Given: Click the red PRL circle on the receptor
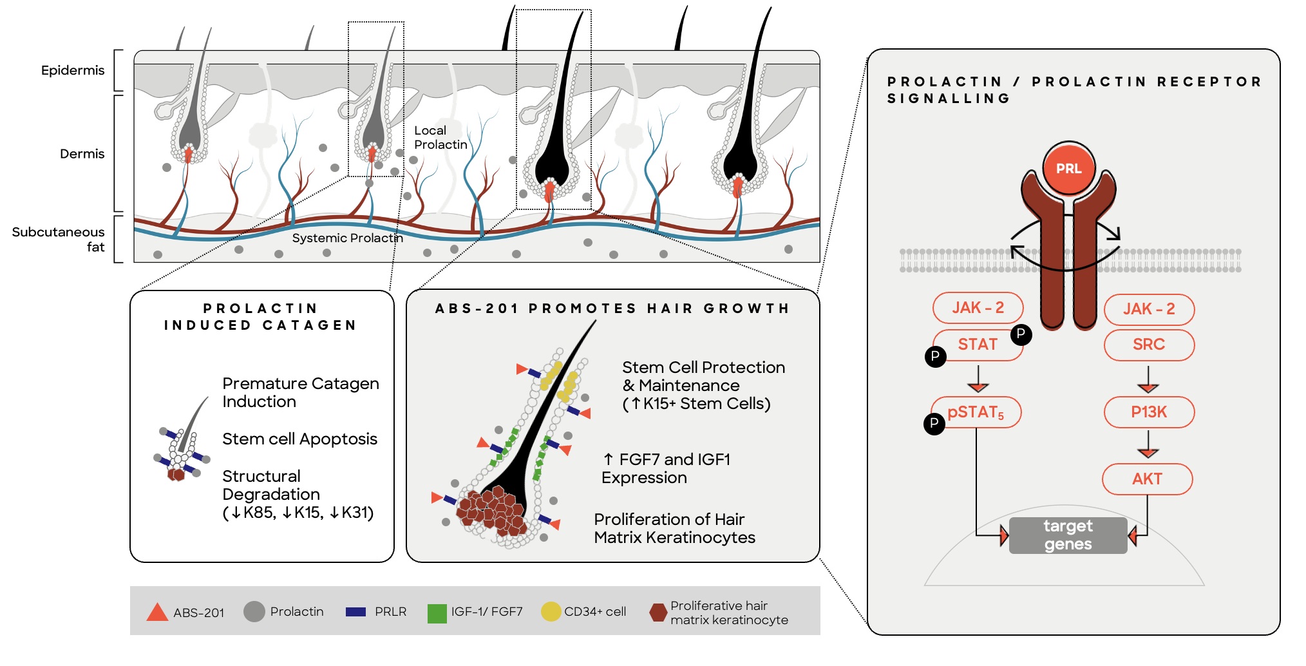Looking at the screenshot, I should click(1068, 169).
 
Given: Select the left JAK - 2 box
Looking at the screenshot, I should click(978, 308).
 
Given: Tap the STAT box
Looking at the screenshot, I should click(978, 345).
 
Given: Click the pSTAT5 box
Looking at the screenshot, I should click(976, 412).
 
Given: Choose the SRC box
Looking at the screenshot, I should click(1149, 345).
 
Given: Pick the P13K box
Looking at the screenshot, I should click(1149, 412).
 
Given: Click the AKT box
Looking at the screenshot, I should click(1147, 479).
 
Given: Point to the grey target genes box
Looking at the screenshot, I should click(1068, 535).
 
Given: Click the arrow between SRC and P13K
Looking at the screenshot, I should click(1148, 379).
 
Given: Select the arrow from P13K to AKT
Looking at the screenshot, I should click(1148, 445).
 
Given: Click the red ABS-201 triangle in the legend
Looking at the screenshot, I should click(157, 612).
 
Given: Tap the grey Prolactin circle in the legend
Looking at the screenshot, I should click(254, 611).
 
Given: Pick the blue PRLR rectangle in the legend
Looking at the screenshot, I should click(355, 612).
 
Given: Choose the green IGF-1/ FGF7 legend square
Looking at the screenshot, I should click(437, 613).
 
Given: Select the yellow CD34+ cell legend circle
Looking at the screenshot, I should click(551, 611).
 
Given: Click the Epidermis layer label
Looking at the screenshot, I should click(73, 70).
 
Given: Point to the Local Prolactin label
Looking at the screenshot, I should click(440, 138).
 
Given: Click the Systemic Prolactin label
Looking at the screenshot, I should click(347, 238).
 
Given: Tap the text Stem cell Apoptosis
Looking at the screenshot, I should click(299, 439).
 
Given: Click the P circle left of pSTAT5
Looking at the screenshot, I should click(934, 423).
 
